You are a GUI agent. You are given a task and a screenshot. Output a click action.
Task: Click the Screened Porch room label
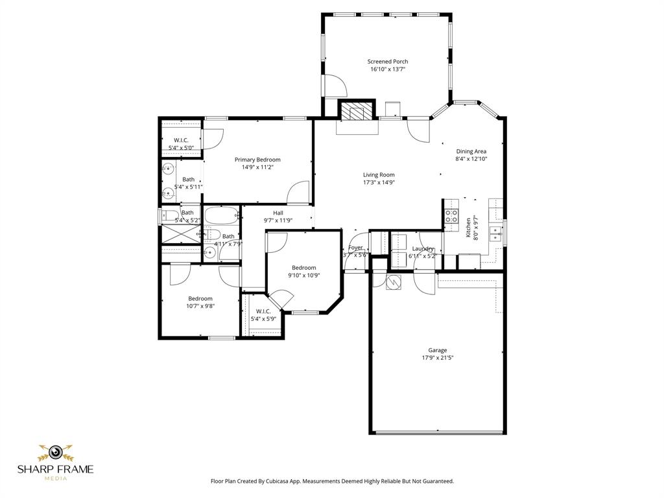click(x=388, y=62)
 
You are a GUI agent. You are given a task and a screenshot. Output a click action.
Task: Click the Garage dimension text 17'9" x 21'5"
click(x=437, y=357)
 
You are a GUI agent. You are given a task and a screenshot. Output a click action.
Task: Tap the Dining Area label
click(x=471, y=151)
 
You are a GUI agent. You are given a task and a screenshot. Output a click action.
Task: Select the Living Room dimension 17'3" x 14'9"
click(x=379, y=182)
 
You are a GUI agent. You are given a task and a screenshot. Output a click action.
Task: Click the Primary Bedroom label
click(x=257, y=160)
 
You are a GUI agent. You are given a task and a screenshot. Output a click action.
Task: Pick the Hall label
click(x=278, y=213)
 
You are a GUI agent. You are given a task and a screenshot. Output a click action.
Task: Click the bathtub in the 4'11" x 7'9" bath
click(x=222, y=215)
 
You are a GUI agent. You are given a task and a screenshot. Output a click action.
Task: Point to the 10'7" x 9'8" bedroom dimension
click(x=200, y=306)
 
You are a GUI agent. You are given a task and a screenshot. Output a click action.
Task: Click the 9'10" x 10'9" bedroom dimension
click(x=303, y=275)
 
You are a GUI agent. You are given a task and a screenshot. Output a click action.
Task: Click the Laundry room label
click(x=423, y=248)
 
